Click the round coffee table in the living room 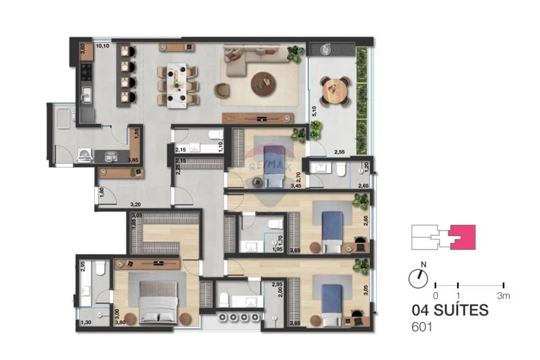pos(263,82)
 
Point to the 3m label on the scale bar pos(503,296)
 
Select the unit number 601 pos(422,326)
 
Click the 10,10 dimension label pos(103,46)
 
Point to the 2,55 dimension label pos(339,153)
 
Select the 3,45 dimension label pos(296,186)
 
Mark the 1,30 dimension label pos(85,323)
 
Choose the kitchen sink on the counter pos(86,97)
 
